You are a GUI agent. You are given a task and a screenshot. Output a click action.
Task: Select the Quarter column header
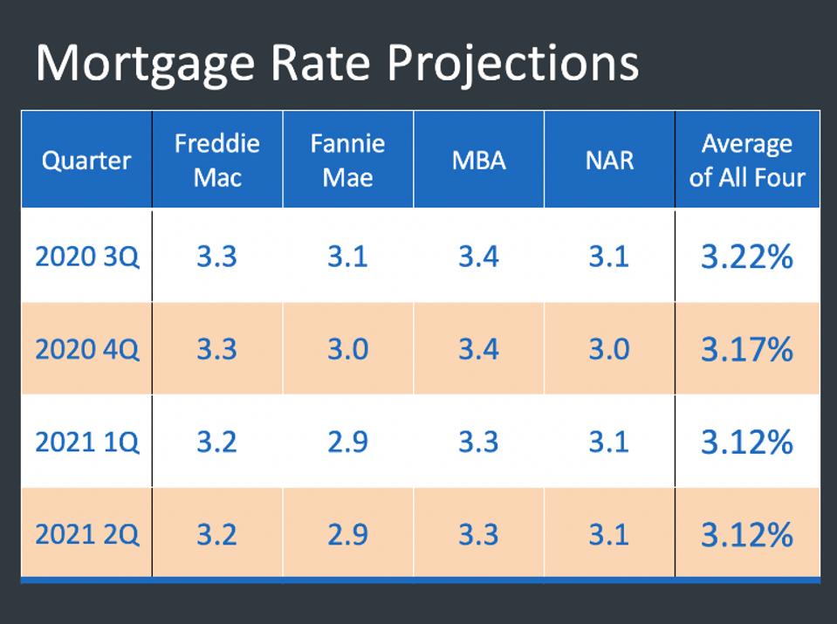click(x=86, y=161)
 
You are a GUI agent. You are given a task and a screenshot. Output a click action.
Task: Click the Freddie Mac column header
click(x=216, y=161)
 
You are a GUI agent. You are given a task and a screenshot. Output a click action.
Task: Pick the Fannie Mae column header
click(x=347, y=161)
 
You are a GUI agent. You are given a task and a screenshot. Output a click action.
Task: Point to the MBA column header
click(x=478, y=161)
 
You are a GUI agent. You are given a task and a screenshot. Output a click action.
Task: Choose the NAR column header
click(x=609, y=161)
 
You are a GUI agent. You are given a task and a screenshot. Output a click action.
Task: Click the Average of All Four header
click(x=747, y=161)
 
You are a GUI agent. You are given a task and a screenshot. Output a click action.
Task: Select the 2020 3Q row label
click(x=86, y=257)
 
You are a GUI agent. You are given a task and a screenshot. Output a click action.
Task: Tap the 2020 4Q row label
click(x=86, y=350)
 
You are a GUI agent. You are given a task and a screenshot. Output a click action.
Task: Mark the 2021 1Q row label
click(x=86, y=442)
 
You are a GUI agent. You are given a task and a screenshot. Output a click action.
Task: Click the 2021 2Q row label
click(x=86, y=534)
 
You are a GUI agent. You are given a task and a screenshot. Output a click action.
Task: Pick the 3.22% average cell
click(x=747, y=257)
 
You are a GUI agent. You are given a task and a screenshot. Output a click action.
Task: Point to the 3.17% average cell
click(x=747, y=350)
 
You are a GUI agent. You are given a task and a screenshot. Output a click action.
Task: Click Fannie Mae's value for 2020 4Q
click(x=347, y=350)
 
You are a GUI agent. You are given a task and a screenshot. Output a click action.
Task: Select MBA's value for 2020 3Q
click(x=478, y=257)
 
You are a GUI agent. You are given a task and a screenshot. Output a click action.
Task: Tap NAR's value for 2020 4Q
click(x=609, y=350)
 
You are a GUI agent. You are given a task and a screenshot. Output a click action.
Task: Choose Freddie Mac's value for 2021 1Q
click(x=216, y=442)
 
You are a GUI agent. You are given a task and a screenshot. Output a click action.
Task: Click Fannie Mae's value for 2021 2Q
click(x=347, y=534)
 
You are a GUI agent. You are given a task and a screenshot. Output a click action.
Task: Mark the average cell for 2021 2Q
click(x=747, y=534)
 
